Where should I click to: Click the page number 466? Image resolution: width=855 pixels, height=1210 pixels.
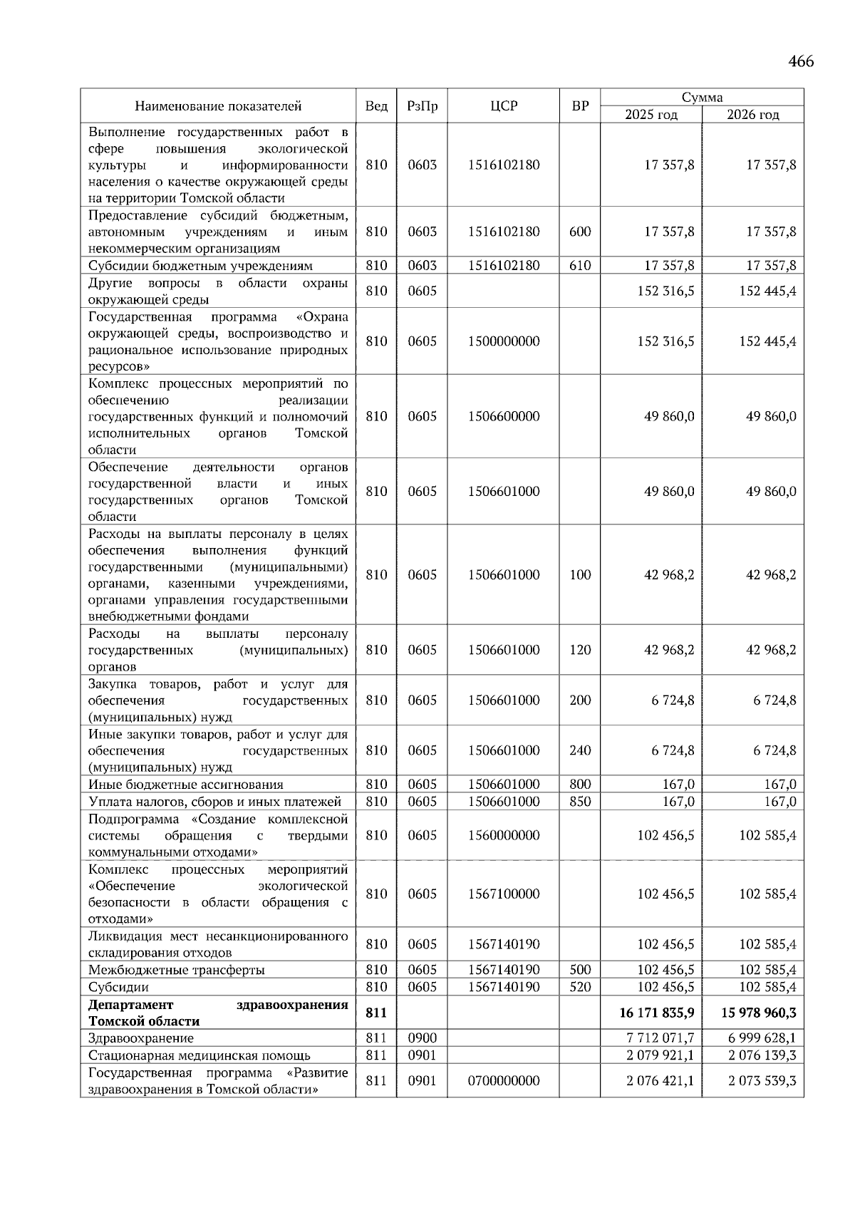point(801,61)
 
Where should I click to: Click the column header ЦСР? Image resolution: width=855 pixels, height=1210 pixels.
point(504,106)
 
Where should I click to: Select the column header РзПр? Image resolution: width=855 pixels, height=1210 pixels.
point(422,106)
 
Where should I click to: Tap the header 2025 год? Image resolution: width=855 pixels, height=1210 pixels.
point(651,115)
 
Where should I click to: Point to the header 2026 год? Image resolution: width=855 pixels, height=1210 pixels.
point(752,115)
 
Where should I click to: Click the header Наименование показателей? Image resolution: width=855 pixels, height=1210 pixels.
point(218,106)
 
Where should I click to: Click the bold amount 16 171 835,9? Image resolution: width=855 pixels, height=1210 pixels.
point(658,1013)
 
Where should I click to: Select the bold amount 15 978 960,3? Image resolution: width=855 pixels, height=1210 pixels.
point(760,1013)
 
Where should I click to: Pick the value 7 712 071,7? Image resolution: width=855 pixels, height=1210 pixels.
point(660,1038)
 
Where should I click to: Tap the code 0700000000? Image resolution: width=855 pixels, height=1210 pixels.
point(504,1080)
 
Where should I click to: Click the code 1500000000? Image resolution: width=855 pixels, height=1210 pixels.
point(504,341)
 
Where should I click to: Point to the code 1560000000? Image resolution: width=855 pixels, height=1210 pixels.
point(504,835)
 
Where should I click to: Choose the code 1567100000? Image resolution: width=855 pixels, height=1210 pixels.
point(504,894)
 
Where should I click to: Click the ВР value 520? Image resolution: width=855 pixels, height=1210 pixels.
point(580,987)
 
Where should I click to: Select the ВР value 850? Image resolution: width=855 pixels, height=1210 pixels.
point(580,802)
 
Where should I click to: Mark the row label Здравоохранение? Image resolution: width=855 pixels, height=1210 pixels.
point(141,1038)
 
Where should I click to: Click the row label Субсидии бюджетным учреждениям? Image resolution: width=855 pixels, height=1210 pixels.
point(200,266)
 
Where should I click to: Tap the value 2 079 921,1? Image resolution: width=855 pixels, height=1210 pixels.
point(660,1055)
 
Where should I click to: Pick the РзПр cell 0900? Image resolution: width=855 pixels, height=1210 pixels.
point(422,1038)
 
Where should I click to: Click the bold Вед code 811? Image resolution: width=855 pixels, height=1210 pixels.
point(376,1013)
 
